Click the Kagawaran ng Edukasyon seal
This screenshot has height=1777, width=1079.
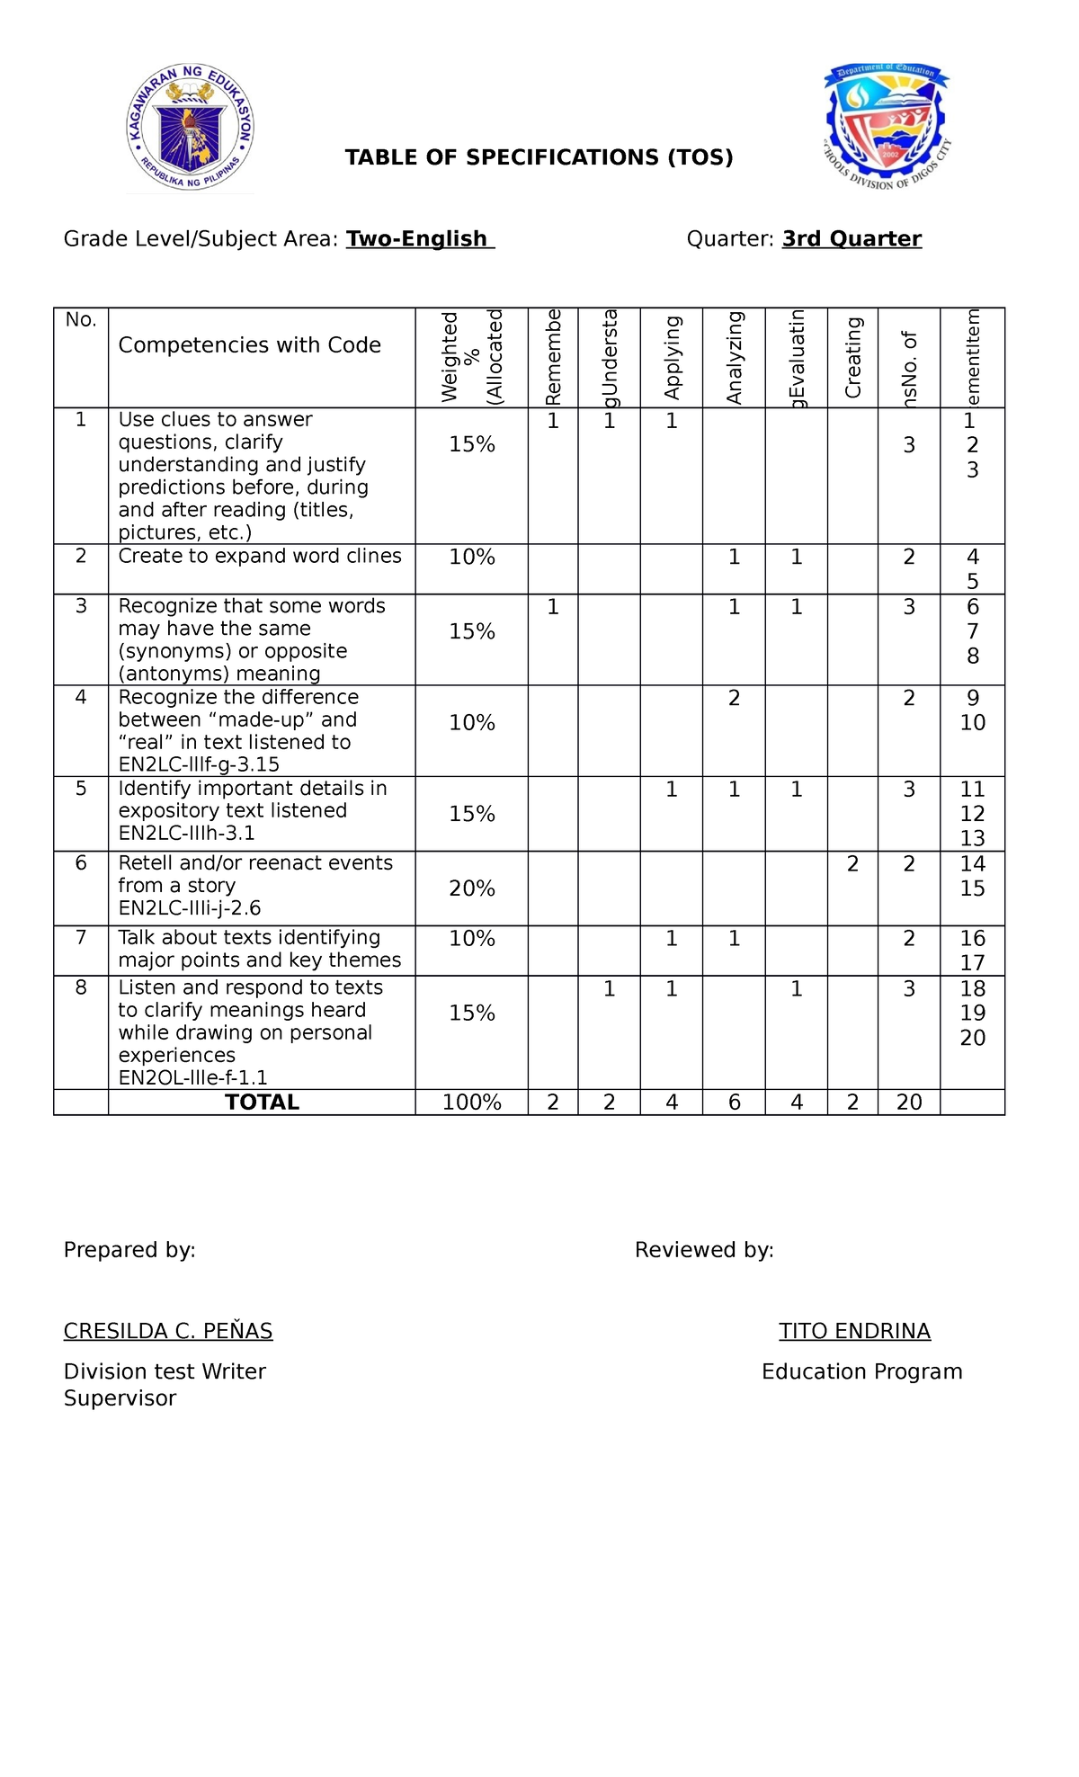pos(190,127)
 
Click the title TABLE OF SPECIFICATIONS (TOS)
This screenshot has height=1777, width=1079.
pos(539,157)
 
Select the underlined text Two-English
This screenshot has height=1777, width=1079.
pos(419,238)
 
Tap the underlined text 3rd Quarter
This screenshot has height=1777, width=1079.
pos(852,238)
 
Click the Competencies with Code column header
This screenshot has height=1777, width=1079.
pos(250,345)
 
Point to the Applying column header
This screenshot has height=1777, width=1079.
pos(672,357)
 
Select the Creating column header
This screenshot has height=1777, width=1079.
pos(852,357)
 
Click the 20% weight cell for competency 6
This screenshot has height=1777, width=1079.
pos(472,888)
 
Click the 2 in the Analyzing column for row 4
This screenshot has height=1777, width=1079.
pos(734,698)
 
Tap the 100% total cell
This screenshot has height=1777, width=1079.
pos(472,1103)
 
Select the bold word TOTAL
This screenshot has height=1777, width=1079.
pos(262,1103)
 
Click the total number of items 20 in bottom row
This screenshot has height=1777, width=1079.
pos(909,1103)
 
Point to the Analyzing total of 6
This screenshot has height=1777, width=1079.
pos(734,1103)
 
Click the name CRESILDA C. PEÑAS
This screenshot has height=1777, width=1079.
pos(168,1331)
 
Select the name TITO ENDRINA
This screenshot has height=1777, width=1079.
pos(854,1331)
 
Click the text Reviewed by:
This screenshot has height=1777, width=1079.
pos(704,1250)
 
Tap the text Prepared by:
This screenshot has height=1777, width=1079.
pos(129,1250)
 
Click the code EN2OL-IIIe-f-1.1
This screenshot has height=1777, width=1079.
pos(192,1077)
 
